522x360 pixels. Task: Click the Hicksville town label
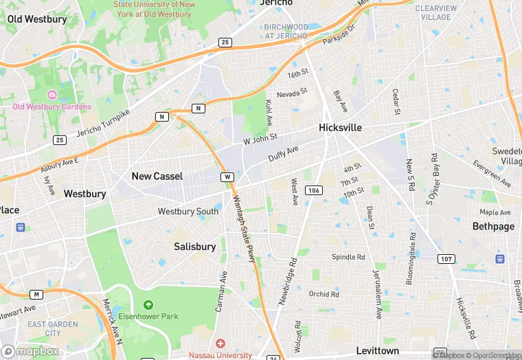[x=340, y=128]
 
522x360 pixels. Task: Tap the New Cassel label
[x=157, y=176]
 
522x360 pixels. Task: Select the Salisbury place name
[x=194, y=246]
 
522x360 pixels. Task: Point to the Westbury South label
[x=188, y=212]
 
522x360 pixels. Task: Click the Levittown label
[x=378, y=350]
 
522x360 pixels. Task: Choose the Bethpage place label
[x=493, y=226]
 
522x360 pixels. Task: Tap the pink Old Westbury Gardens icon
[x=52, y=94]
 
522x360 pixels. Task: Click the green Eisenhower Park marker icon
[x=148, y=305]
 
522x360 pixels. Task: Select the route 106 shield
[x=313, y=190]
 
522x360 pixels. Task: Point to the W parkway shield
[x=227, y=177]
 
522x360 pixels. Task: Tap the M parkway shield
[x=36, y=294]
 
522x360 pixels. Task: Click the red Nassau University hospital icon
[x=220, y=343]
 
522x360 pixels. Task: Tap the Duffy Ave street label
[x=283, y=153]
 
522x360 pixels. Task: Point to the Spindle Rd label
[x=349, y=257]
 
